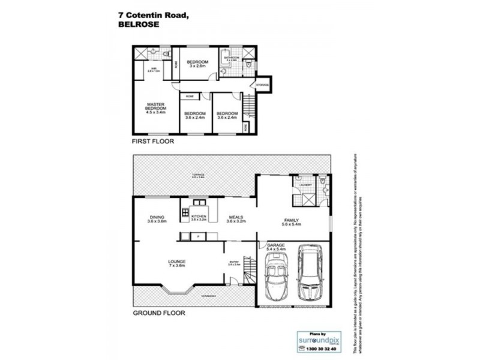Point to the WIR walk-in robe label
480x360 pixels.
click(x=154, y=70)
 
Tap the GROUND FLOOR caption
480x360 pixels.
click(x=158, y=313)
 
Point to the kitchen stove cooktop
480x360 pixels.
click(x=184, y=211)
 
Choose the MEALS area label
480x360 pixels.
click(x=236, y=218)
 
